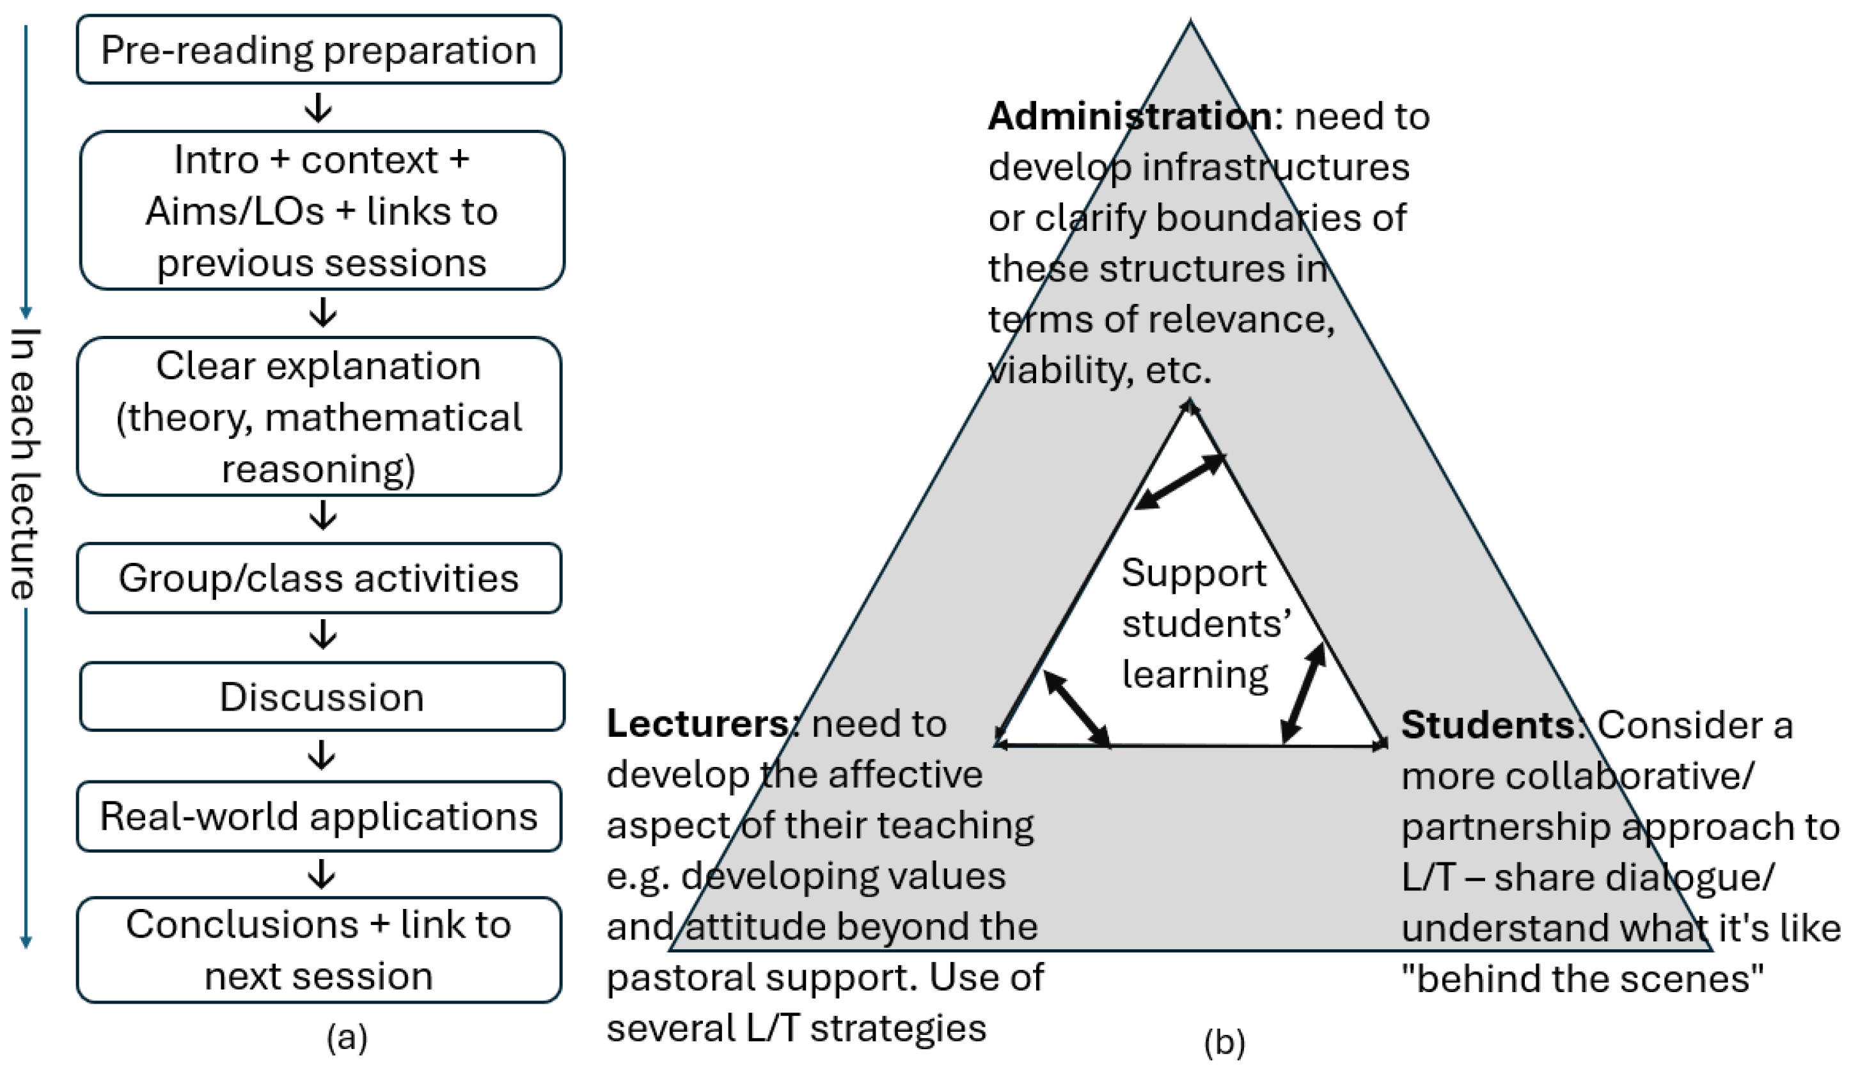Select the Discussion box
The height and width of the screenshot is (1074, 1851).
(x=322, y=697)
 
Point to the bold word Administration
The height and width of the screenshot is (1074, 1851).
(x=1130, y=116)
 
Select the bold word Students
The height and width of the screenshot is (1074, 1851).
(x=1486, y=725)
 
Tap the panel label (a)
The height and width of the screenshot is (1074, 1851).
(x=347, y=1038)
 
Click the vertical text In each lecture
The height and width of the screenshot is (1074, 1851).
(x=26, y=464)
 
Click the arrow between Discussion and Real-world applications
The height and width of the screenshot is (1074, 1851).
(x=322, y=755)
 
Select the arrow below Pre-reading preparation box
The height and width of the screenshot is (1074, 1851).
(x=319, y=107)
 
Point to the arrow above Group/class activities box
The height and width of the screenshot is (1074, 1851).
(x=322, y=516)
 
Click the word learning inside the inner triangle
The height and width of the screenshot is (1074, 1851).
(x=1195, y=675)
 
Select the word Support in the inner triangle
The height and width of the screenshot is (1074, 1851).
(x=1193, y=573)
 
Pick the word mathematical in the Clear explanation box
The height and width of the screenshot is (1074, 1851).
(x=393, y=417)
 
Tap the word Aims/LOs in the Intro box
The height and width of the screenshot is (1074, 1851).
(x=234, y=212)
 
